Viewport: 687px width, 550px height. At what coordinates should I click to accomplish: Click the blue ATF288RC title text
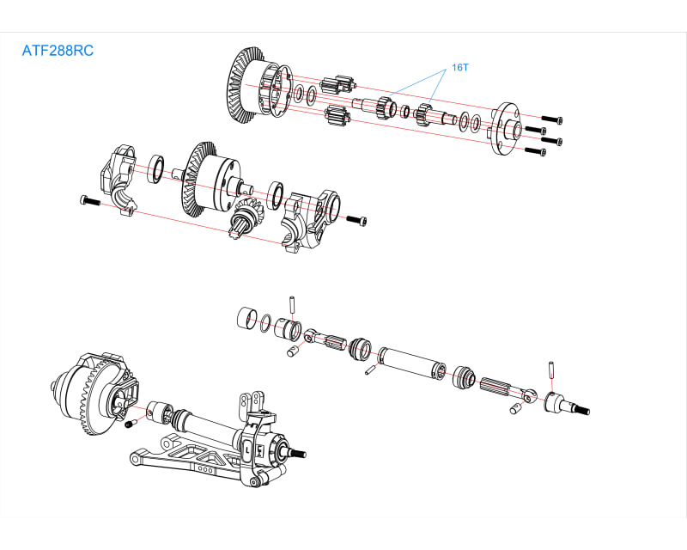click(x=58, y=51)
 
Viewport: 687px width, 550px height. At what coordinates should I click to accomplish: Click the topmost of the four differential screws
click(x=551, y=119)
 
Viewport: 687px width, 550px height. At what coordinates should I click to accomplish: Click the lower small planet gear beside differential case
click(x=337, y=115)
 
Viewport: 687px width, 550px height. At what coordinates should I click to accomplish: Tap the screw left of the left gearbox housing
click(x=88, y=200)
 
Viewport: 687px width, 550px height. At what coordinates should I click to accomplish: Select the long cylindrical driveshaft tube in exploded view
click(x=411, y=362)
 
